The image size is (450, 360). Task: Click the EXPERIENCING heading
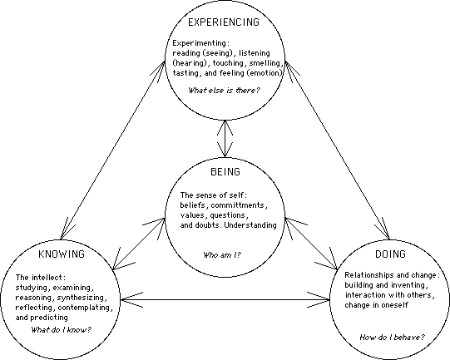(224, 22)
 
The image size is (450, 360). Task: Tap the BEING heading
(225, 171)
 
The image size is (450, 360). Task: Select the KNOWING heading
(62, 254)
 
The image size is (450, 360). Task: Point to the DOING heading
(390, 254)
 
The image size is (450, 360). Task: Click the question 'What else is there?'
(224, 91)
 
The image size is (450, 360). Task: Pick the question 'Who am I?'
(222, 254)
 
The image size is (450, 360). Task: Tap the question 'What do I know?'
(61, 329)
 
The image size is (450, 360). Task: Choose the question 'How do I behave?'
(392, 337)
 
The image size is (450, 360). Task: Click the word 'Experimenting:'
(201, 43)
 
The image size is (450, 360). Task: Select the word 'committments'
(238, 205)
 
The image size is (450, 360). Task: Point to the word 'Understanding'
(250, 225)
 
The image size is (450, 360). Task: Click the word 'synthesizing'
(81, 298)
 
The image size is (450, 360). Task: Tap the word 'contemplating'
(84, 308)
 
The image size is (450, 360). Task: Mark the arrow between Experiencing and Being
(225, 139)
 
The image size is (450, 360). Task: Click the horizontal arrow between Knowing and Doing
(225, 300)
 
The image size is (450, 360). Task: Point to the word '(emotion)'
(265, 73)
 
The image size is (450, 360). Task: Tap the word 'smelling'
(265, 63)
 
